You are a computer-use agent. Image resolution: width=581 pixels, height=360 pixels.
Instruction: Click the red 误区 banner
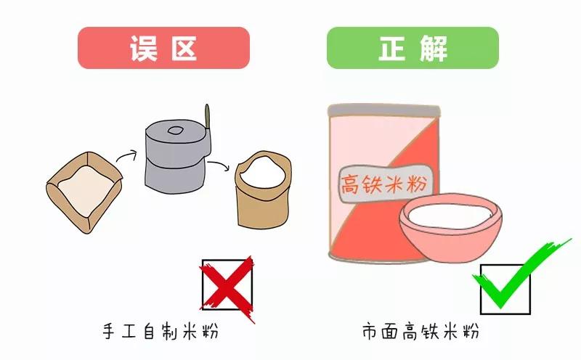[x=163, y=48]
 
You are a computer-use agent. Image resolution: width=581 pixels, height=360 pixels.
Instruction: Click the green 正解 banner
[x=413, y=48]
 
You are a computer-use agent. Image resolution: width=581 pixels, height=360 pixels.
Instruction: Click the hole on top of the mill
[x=175, y=131]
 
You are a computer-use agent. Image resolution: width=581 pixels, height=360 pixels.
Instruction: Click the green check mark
[x=508, y=279]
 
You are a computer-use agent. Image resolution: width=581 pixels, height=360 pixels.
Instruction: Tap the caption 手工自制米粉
[x=161, y=332]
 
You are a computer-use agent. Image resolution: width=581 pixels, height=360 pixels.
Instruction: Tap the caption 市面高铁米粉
[x=420, y=332]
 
